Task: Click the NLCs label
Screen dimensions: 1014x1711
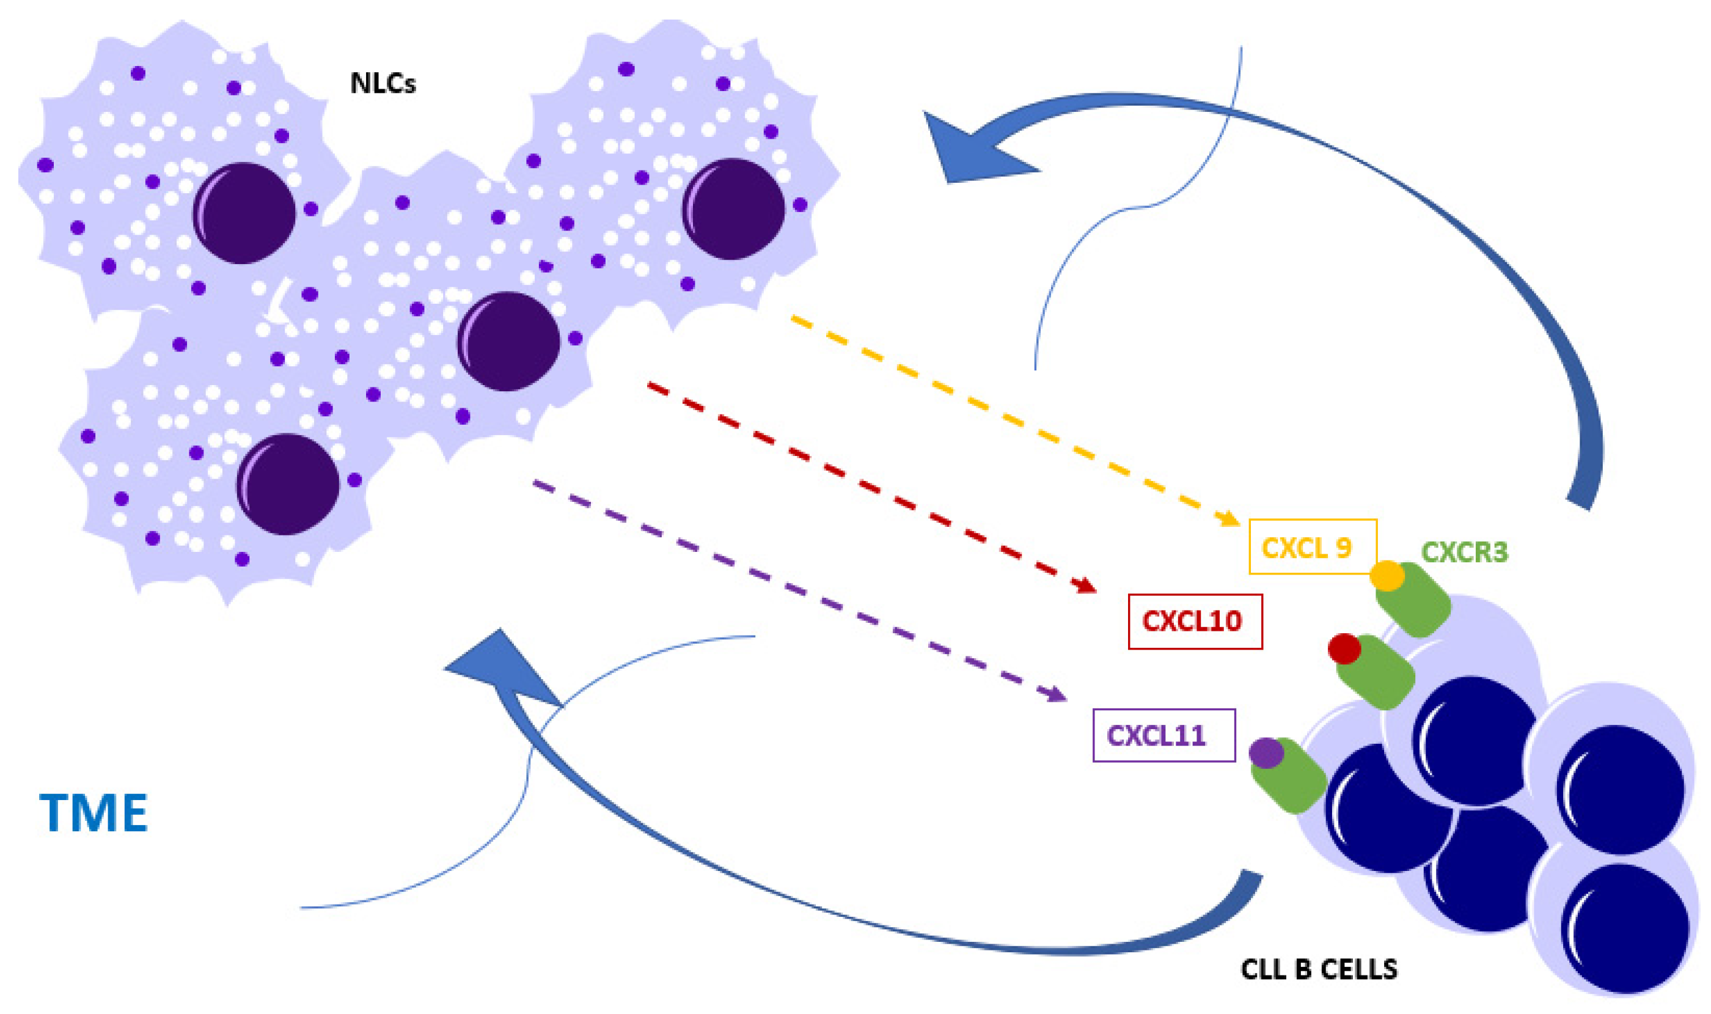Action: click(383, 83)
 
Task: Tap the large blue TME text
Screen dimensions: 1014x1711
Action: click(93, 813)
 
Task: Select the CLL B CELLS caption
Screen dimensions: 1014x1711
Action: click(1319, 969)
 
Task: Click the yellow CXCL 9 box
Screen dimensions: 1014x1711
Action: click(1312, 547)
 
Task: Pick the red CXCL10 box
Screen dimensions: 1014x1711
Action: click(1195, 621)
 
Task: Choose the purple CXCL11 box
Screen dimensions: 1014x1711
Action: click(1163, 736)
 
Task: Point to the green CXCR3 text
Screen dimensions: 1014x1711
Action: click(1464, 551)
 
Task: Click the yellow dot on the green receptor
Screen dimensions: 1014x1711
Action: click(1387, 575)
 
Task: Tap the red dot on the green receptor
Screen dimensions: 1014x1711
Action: click(1344, 648)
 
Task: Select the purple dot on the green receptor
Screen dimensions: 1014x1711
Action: click(1266, 753)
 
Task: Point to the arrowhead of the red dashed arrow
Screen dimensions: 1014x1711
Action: click(1086, 586)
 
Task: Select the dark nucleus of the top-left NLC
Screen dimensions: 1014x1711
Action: click(244, 213)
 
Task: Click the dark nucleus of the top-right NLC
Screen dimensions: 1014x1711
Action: click(733, 208)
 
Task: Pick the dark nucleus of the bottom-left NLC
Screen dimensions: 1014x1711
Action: click(288, 483)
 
